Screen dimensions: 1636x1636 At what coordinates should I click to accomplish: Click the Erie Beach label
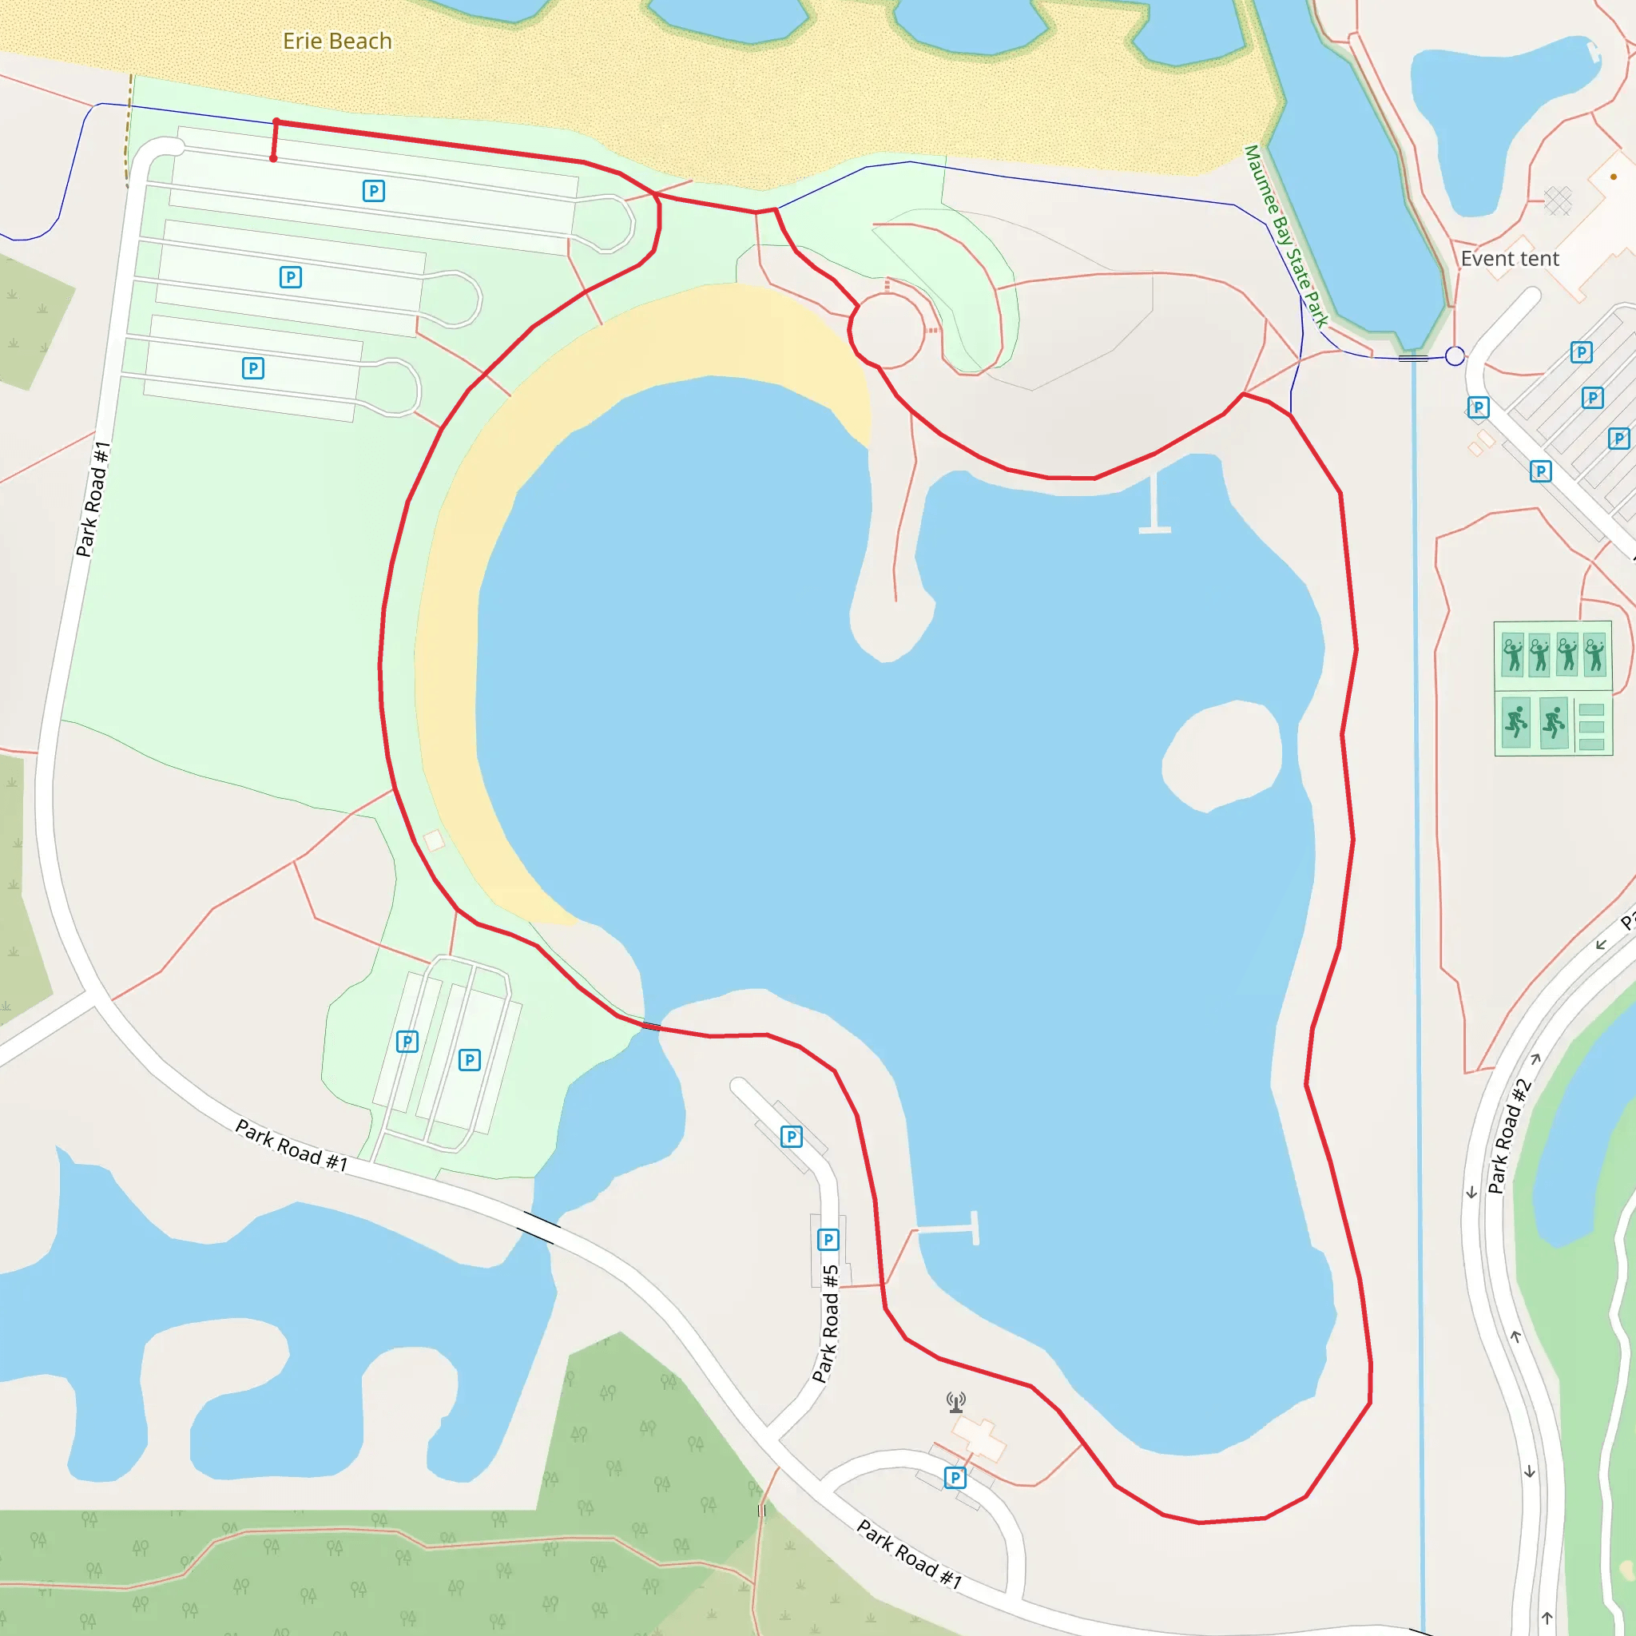click(337, 41)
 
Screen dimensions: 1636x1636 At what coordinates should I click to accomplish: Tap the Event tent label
click(1510, 258)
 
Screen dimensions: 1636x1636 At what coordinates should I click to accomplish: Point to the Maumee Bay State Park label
click(1285, 236)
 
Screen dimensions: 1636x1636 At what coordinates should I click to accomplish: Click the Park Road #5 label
click(826, 1324)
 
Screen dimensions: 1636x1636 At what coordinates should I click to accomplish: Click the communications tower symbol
click(956, 1402)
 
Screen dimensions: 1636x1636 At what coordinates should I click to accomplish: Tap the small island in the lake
click(1221, 756)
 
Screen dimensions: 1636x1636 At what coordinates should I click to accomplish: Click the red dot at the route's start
click(273, 158)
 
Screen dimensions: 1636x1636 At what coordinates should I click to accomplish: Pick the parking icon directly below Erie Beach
click(373, 192)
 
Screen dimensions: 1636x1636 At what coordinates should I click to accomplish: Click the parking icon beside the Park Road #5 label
click(828, 1240)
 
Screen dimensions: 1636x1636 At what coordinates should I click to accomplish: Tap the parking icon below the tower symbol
click(955, 1478)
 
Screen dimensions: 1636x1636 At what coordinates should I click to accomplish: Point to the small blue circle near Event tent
click(1455, 356)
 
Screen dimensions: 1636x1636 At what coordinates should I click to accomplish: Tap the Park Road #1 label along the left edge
click(93, 499)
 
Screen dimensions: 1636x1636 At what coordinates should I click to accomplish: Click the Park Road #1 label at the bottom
click(909, 1555)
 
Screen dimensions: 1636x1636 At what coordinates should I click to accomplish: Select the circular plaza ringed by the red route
click(887, 330)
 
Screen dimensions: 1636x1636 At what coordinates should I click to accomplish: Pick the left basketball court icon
click(1515, 722)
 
